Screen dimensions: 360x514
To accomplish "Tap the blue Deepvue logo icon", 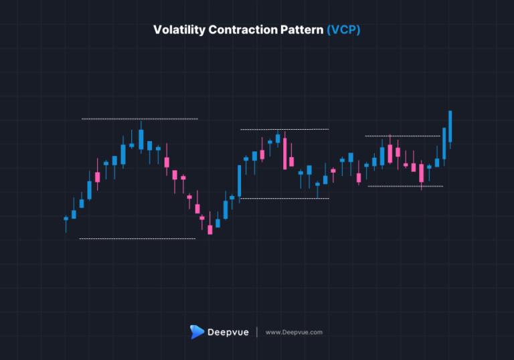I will click(x=197, y=332).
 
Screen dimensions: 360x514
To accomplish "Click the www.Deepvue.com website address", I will click(x=294, y=332).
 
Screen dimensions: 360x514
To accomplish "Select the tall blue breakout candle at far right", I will click(x=450, y=126).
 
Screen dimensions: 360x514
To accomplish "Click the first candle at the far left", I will click(x=66, y=218).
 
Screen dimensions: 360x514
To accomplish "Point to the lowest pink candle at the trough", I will click(x=209, y=230).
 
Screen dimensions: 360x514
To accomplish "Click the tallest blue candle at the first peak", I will click(x=141, y=139).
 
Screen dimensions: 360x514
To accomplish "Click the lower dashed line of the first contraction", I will click(x=137, y=239).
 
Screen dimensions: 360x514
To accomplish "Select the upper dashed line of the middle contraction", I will click(x=284, y=129).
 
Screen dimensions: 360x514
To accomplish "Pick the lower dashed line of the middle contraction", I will click(x=284, y=199).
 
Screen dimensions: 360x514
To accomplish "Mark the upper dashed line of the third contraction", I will click(x=402, y=137).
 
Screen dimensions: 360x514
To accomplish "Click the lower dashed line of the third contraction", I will click(x=405, y=186).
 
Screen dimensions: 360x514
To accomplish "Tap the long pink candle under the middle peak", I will click(x=285, y=153).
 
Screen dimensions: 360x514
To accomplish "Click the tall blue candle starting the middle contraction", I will click(x=239, y=181).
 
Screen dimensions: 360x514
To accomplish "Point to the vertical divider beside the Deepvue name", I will click(x=257, y=332).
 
